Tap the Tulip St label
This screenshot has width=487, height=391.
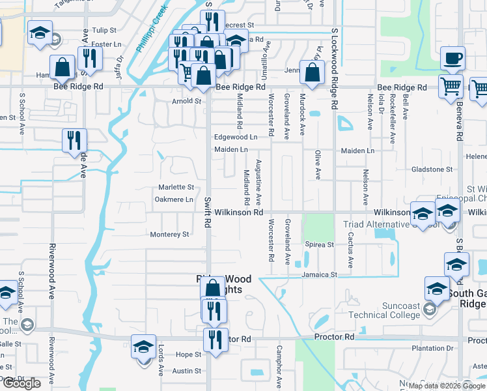(104, 30)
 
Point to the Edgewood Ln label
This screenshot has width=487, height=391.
(236, 137)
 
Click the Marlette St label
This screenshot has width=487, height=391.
(176, 187)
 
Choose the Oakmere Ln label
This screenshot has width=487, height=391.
(176, 199)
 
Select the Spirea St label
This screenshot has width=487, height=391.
(319, 244)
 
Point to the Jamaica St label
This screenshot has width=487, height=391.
(319, 275)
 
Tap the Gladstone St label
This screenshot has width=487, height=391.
(432, 169)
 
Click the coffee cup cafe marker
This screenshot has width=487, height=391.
(452, 59)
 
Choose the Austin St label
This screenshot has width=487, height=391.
(187, 371)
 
